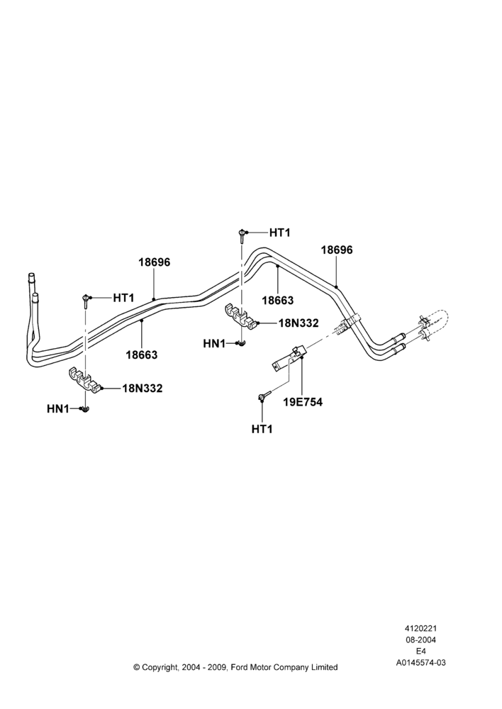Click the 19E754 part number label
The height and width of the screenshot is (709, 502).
coord(303,402)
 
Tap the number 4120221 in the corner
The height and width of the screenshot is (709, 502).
coord(420,628)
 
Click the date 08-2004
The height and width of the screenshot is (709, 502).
coord(420,640)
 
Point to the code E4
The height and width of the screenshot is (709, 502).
coord(420,652)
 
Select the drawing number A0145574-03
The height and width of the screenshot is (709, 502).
coord(420,663)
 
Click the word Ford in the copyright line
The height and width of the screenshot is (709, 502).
coord(240,667)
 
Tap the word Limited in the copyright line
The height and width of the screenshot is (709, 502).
coord(323,667)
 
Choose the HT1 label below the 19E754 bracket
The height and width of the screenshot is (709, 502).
coord(262,429)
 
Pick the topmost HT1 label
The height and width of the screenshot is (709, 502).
coord(279,233)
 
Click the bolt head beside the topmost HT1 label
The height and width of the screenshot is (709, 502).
coord(242,233)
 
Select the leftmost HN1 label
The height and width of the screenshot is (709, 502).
coord(57,409)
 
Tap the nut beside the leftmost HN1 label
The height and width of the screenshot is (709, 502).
coord(84,410)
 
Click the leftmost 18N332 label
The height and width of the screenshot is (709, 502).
coord(142,388)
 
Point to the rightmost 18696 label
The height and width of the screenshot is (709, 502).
coord(337,250)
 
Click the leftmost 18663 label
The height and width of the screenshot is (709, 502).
coord(142,355)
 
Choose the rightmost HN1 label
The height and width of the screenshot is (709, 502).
coord(214,344)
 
